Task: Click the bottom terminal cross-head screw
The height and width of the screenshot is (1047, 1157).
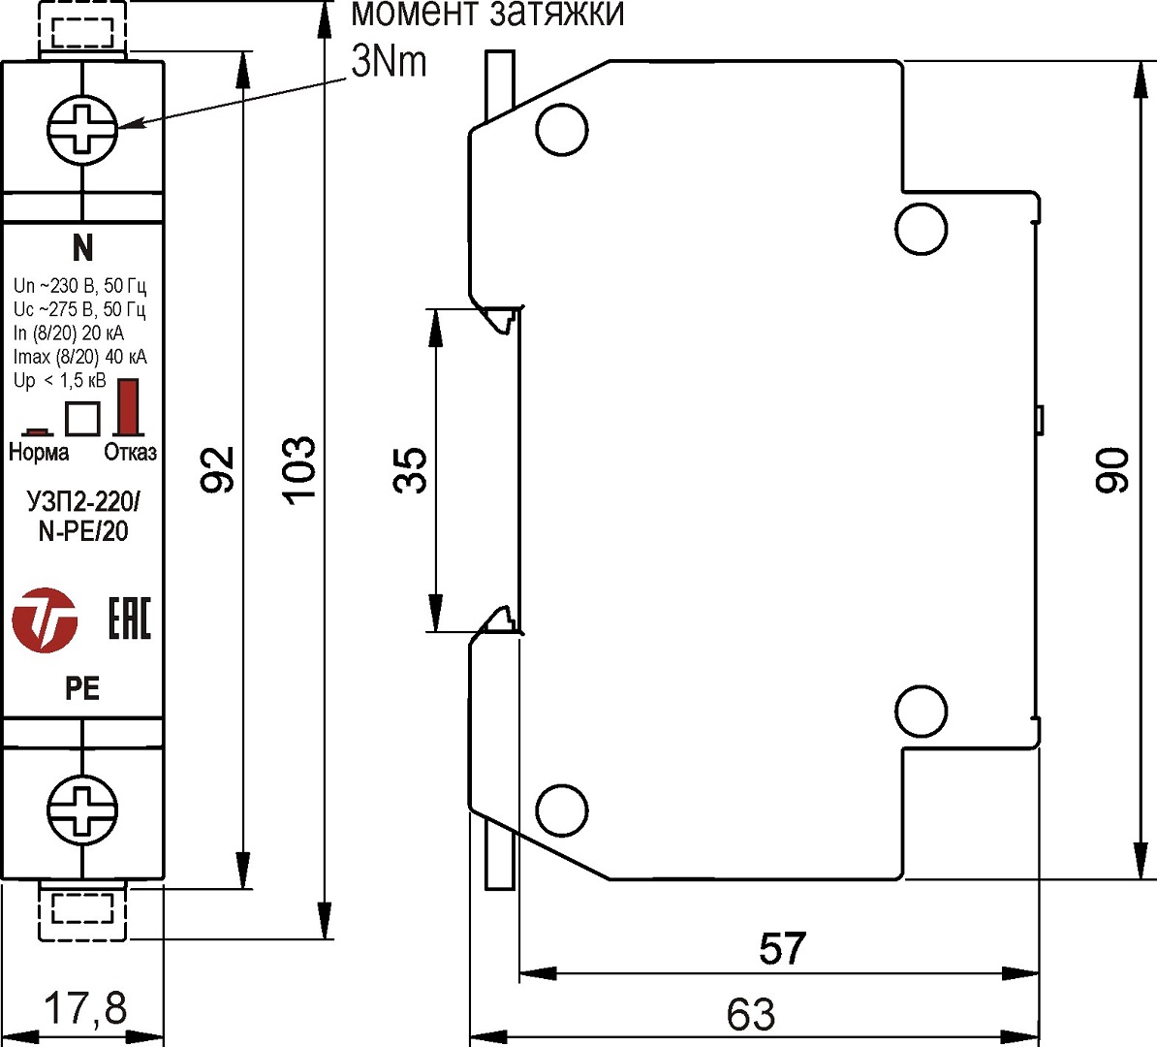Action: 82,809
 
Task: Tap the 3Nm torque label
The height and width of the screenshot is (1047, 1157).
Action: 389,62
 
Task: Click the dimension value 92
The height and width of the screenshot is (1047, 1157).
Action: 218,469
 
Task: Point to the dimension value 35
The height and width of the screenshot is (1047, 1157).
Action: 411,470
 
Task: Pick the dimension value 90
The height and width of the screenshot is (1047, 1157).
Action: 1112,470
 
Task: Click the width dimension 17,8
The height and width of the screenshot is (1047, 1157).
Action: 85,1009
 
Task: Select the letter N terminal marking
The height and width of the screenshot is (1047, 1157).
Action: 83,249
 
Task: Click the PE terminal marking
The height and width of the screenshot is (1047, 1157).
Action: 82,688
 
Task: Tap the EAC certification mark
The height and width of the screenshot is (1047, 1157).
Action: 130,619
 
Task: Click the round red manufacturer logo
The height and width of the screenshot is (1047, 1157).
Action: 45,619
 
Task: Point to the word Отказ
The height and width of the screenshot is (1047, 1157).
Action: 130,453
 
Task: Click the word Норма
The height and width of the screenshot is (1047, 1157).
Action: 39,453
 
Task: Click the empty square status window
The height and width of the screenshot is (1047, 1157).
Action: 82,418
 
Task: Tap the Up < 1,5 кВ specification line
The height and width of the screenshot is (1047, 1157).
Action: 60,381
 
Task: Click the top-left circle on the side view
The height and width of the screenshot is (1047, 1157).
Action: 561,130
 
